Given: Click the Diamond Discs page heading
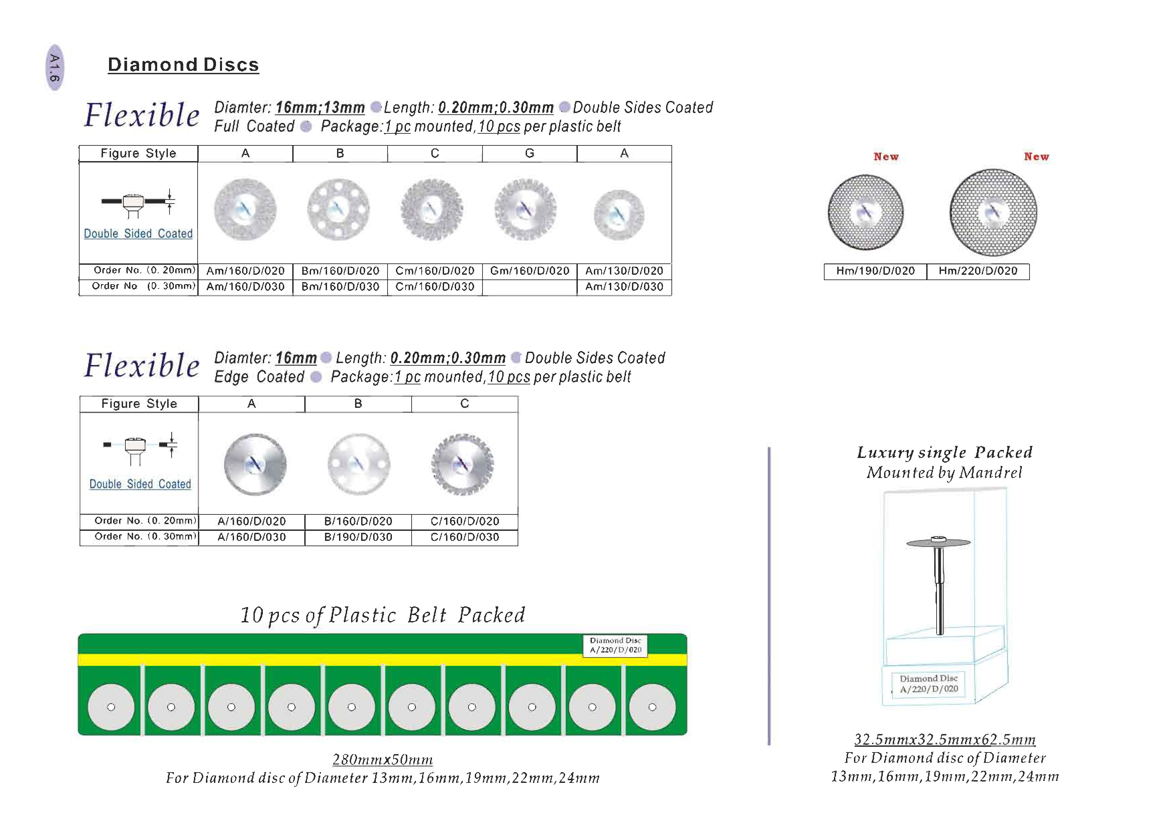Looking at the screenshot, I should pyautogui.click(x=183, y=65).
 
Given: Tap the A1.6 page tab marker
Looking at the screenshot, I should pyautogui.click(x=55, y=68).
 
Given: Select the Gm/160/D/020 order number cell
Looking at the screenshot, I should pyautogui.click(x=529, y=271).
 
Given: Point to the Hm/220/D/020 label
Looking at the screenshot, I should pyautogui.click(x=977, y=271).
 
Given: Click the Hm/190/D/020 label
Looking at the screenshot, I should pyautogui.click(x=875, y=271).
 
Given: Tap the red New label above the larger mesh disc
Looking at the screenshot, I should pyautogui.click(x=1036, y=157).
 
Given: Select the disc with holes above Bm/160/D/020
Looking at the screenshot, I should pyautogui.click(x=338, y=209).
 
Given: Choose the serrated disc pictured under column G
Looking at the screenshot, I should pyautogui.click(x=525, y=209).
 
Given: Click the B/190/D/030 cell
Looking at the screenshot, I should pyautogui.click(x=358, y=537).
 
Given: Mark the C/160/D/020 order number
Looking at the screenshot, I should pyautogui.click(x=464, y=521).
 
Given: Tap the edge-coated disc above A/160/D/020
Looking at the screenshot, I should pyautogui.click(x=255, y=464).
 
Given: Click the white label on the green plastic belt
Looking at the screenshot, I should pyautogui.click(x=615, y=645).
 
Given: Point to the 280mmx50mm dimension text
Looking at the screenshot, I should pyautogui.click(x=383, y=759).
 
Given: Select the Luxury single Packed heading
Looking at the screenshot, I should pyautogui.click(x=945, y=453).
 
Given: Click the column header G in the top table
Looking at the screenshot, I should pyautogui.click(x=529, y=153).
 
